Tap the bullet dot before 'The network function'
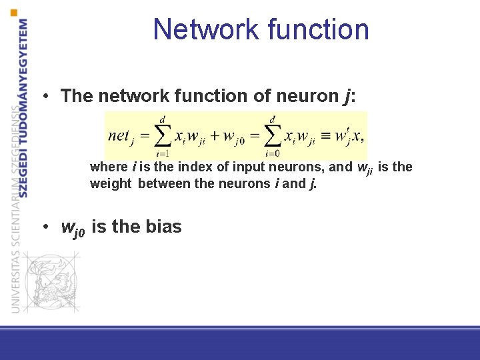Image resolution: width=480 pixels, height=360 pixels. coord(43,97)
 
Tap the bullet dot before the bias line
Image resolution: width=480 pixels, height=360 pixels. coord(43,227)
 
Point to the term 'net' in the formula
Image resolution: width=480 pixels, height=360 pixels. coord(119,135)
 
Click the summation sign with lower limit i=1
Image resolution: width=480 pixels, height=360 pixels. coord(161,135)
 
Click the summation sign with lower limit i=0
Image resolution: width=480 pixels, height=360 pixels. coord(272,135)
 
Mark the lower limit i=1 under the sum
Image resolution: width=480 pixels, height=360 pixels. coord(161,153)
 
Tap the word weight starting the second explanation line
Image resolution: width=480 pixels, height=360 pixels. coord(111,183)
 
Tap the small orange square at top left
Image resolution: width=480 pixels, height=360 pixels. coord(15,11)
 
